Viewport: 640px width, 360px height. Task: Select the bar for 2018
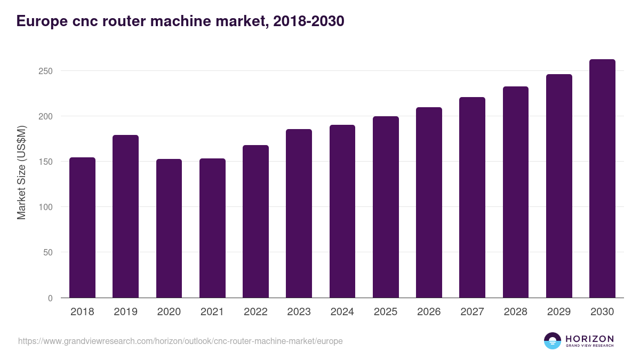coord(82,228)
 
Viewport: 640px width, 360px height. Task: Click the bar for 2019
coord(125,217)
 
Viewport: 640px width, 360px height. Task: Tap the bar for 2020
coord(169,228)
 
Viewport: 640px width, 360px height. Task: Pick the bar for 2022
coord(255,221)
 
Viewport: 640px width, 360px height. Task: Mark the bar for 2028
coord(516,192)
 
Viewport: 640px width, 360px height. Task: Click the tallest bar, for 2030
coord(602,179)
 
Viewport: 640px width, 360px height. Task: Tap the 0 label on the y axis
coord(51,298)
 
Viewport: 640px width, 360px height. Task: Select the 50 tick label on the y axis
coord(49,252)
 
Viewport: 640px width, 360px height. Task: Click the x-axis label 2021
coord(212,312)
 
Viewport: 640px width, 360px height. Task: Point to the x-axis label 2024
coord(342,312)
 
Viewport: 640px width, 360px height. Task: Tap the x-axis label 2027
coord(472,312)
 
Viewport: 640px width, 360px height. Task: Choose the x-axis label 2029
coord(559,312)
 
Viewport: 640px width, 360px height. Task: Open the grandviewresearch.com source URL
coord(180,341)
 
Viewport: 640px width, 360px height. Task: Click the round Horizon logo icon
coord(553,341)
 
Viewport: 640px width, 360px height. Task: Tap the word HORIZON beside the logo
coord(590,338)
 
